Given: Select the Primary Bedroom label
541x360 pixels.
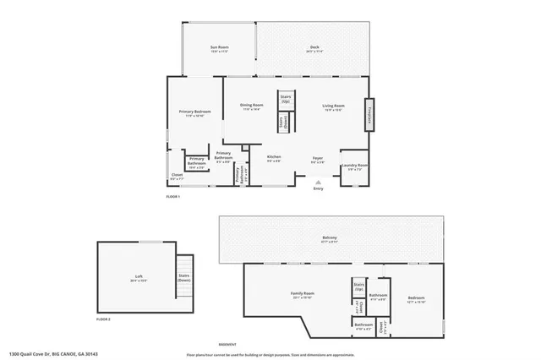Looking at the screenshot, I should pyautogui.click(x=194, y=112).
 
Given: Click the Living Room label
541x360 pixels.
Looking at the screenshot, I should pyautogui.click(x=333, y=106).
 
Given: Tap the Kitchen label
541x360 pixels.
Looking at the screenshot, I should pyautogui.click(x=274, y=158).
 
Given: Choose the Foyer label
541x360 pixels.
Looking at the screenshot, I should pyautogui.click(x=318, y=158).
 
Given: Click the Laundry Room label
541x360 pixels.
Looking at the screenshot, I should pyautogui.click(x=354, y=166).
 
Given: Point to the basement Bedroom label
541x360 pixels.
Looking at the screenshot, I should pyautogui.click(x=415, y=298).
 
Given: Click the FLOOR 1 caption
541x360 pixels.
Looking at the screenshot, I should pyautogui.click(x=173, y=196).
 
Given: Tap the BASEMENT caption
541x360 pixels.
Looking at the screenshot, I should pyautogui.click(x=227, y=344).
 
